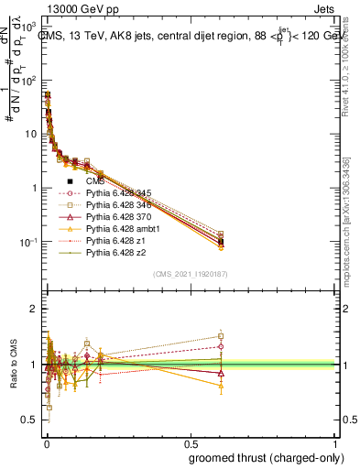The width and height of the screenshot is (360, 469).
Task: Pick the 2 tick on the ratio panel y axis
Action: (x=34, y=309)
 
